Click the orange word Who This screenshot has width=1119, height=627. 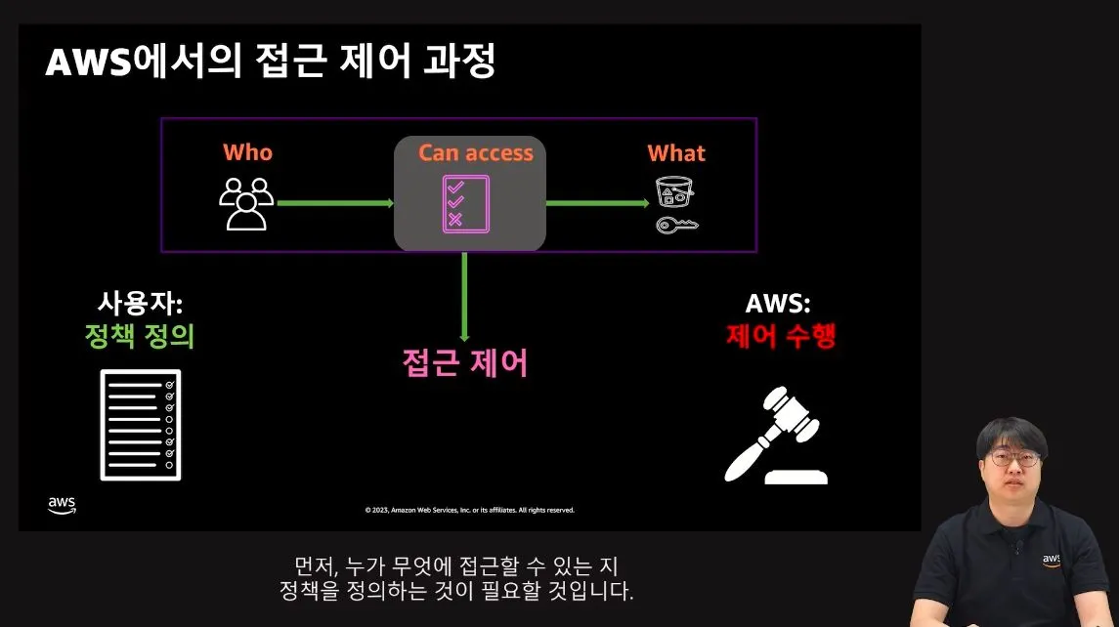(x=247, y=152)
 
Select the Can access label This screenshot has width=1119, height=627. (x=475, y=152)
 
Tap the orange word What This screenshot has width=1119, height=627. (x=675, y=153)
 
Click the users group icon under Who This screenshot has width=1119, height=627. (x=244, y=203)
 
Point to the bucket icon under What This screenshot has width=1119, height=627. (x=673, y=192)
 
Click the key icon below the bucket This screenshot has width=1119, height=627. (x=676, y=227)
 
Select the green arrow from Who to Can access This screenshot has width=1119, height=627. (x=334, y=203)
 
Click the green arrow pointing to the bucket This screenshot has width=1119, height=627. (x=596, y=203)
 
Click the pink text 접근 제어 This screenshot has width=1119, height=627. (x=465, y=362)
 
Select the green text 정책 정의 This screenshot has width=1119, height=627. (x=140, y=336)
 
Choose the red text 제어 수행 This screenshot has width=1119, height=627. (x=781, y=336)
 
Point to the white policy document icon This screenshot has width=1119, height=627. (x=141, y=425)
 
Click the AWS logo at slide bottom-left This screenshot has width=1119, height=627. (x=62, y=504)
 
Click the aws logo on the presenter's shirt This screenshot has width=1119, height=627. (x=1051, y=560)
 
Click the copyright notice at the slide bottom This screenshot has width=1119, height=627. (x=469, y=510)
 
